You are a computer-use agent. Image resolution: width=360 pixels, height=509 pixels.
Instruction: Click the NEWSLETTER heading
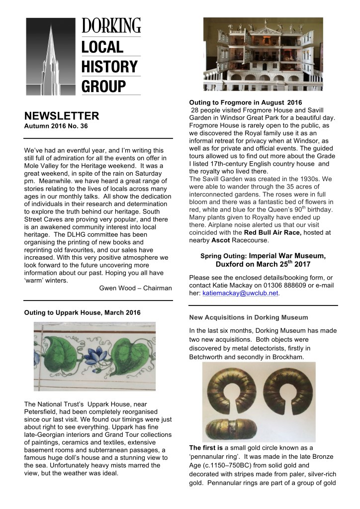62,116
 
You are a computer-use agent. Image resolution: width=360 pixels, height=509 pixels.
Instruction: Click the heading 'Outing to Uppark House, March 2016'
83,312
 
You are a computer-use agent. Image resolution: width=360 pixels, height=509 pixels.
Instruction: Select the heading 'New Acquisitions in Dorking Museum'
248,317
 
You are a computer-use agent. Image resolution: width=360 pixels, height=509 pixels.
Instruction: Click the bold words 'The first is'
206,448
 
